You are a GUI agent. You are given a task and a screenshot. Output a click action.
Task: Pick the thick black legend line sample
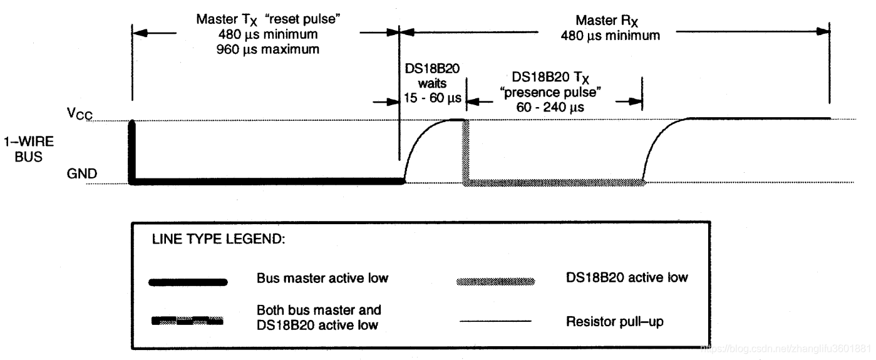click(188, 282)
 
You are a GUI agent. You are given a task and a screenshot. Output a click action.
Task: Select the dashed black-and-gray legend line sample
click(188, 321)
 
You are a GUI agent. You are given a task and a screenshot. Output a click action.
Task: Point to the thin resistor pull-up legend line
click(496, 322)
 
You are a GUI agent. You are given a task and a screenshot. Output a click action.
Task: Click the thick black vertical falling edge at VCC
click(131, 150)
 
